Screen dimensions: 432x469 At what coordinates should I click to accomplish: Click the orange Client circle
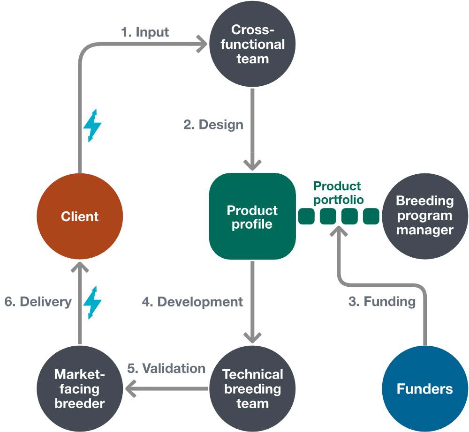point(80,216)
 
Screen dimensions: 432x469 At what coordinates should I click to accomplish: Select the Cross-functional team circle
point(252,44)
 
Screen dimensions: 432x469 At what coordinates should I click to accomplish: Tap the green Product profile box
point(252,216)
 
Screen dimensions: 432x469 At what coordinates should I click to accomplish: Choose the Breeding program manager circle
point(425,216)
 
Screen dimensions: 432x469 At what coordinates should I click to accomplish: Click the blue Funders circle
point(425,388)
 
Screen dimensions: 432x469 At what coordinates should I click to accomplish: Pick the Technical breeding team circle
point(252,388)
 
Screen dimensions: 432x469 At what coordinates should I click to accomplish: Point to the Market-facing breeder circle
point(80,388)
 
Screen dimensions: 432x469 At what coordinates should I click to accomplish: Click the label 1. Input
point(145,32)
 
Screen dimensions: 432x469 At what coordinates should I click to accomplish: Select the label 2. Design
point(213,125)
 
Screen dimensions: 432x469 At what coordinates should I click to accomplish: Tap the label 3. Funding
point(382,301)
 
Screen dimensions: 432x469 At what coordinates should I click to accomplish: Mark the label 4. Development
point(192,302)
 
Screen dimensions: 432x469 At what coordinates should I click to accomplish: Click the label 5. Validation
point(166,368)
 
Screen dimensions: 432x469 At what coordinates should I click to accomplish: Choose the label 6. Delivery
point(38,302)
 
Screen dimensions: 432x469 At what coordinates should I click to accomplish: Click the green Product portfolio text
point(338,193)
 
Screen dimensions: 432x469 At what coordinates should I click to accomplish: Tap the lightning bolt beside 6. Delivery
point(92,303)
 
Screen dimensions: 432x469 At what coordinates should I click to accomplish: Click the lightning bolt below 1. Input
point(92,126)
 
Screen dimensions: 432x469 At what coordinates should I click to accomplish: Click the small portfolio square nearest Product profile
point(306,216)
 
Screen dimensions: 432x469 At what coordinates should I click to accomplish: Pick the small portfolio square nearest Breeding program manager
point(371,216)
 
